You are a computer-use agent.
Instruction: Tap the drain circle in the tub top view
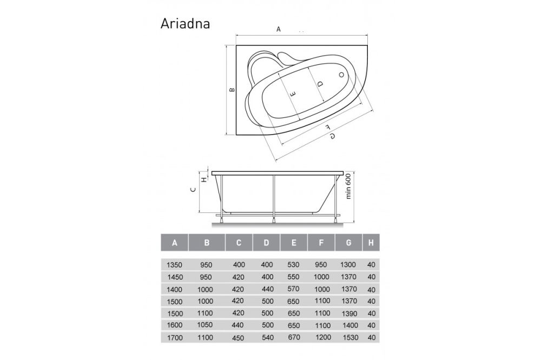pyautogui.click(x=342, y=76)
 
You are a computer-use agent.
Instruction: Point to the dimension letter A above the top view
pyautogui.click(x=279, y=30)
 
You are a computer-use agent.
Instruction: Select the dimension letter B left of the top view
pyautogui.click(x=231, y=90)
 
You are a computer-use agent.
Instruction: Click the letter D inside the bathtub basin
pyautogui.click(x=320, y=85)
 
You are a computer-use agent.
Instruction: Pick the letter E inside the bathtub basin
pyautogui.click(x=293, y=94)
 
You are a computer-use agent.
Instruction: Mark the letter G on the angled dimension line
pyautogui.click(x=332, y=136)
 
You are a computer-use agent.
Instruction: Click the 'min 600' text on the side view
pyautogui.click(x=349, y=186)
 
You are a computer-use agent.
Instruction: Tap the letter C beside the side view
pyautogui.click(x=193, y=189)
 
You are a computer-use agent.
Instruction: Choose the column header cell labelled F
pyautogui.click(x=321, y=243)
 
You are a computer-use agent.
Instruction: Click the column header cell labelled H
pyautogui.click(x=371, y=243)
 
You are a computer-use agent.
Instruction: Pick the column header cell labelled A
pyautogui.click(x=174, y=243)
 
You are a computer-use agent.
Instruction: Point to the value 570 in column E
pyautogui.click(x=294, y=290)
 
